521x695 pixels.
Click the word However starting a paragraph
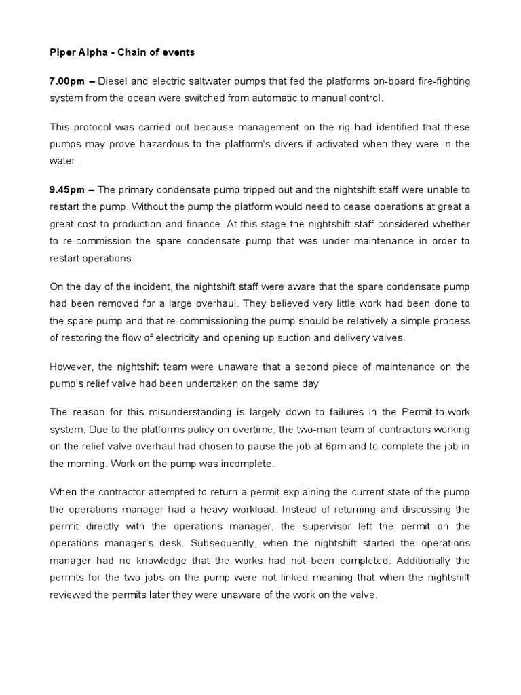pyautogui.click(x=71, y=367)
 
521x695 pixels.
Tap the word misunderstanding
pyautogui.click(x=178, y=413)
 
